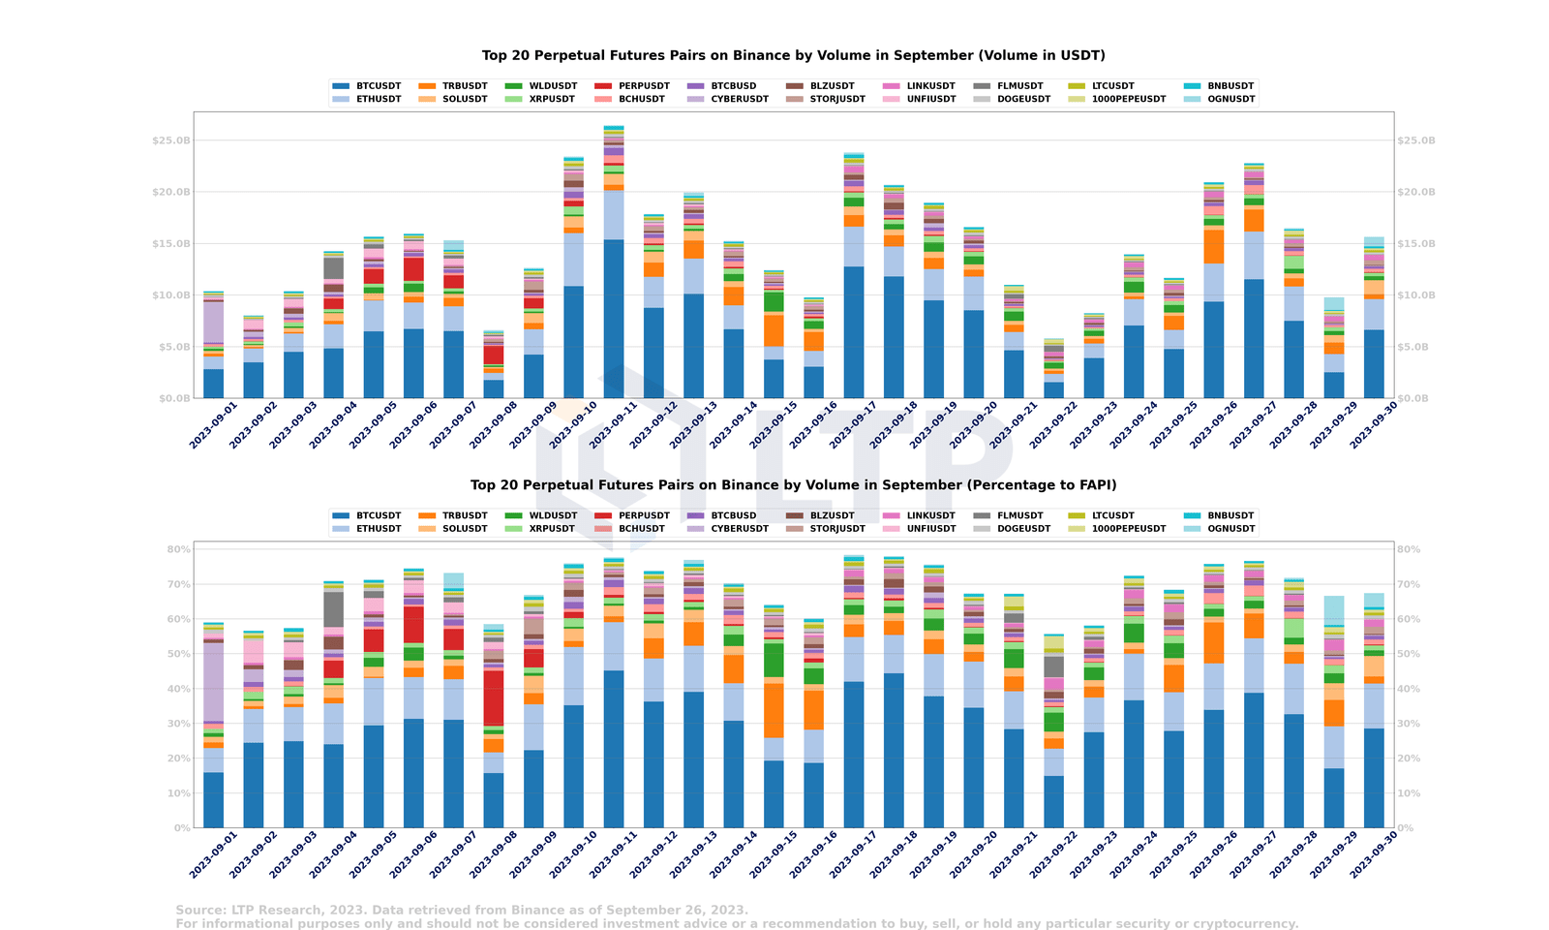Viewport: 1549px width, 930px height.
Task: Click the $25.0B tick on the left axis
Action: coord(171,140)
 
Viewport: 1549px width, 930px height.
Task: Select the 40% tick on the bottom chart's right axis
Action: coord(1409,689)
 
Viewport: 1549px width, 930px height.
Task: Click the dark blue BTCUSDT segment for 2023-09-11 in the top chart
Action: coord(614,320)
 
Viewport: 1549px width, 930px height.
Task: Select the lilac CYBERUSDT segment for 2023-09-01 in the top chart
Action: coord(214,323)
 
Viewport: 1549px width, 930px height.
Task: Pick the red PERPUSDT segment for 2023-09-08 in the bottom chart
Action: coord(494,697)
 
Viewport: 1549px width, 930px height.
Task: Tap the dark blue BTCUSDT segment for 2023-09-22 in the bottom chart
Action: coord(1053,802)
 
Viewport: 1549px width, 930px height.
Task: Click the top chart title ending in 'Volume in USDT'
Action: coord(793,55)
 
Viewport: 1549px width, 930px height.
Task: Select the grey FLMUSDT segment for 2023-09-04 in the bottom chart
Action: coord(333,608)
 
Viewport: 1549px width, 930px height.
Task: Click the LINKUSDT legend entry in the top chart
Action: coord(930,86)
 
